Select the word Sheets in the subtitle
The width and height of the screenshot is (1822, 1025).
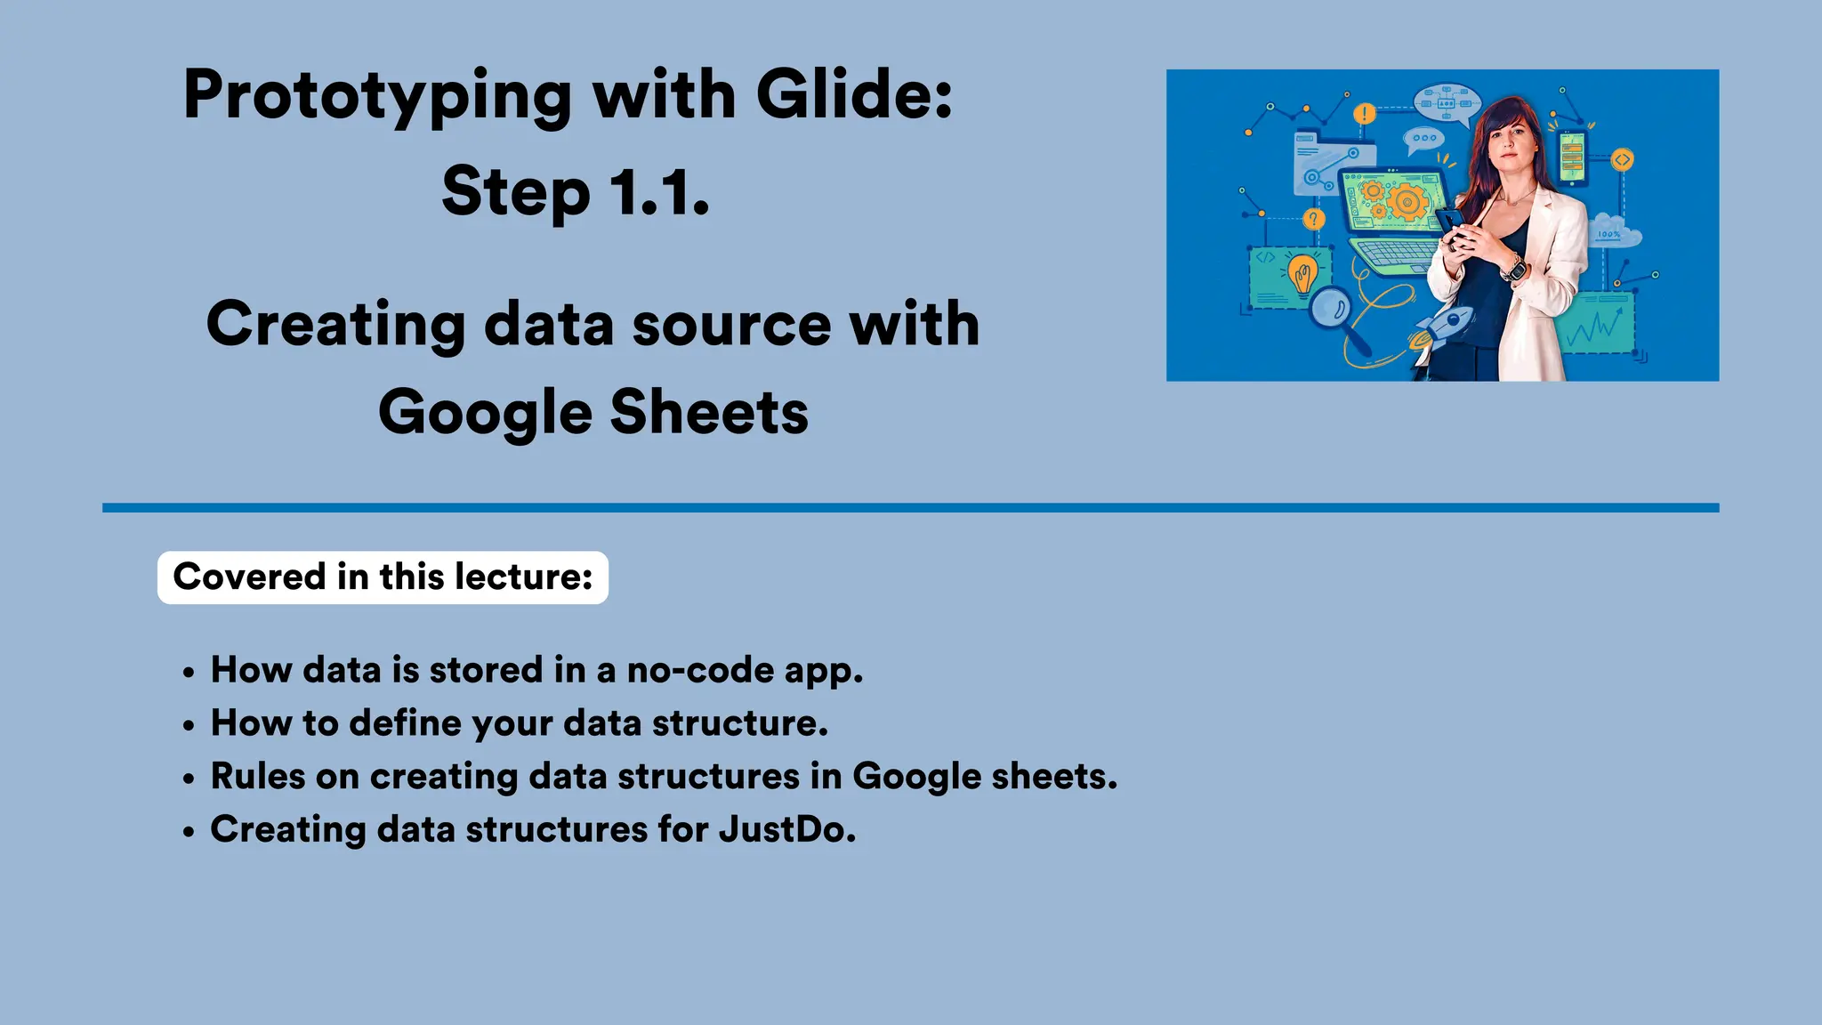click(x=709, y=413)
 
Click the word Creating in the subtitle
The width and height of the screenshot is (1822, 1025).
click(x=335, y=324)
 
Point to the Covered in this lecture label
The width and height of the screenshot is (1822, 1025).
click(x=383, y=577)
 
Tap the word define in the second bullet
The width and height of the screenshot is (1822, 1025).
click(x=407, y=723)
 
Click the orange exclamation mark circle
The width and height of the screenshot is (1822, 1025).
click(x=1364, y=114)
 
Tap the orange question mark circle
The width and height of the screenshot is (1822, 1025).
click(x=1313, y=219)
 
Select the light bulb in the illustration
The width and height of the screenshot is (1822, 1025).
click(x=1303, y=274)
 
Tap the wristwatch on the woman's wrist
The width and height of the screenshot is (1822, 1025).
click(x=1513, y=267)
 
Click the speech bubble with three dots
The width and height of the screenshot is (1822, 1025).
click(x=1423, y=139)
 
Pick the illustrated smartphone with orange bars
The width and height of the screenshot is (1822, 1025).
click(x=1572, y=158)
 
